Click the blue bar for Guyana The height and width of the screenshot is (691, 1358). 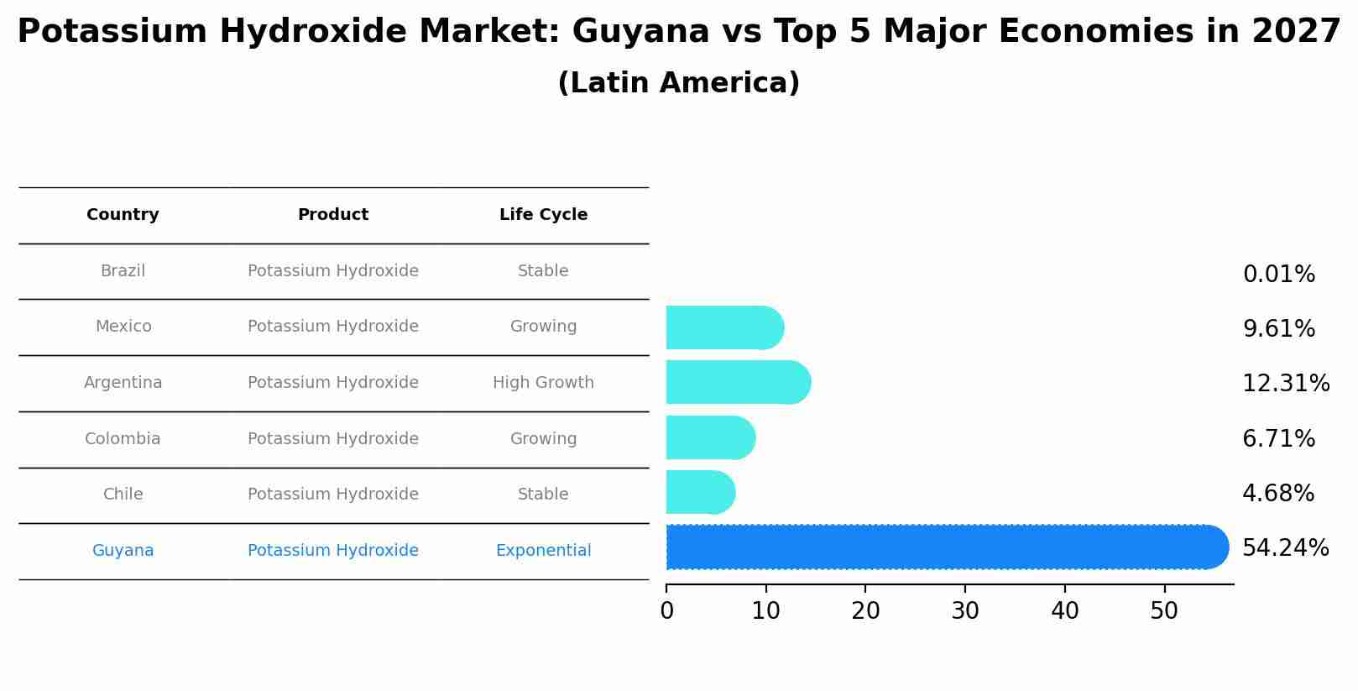point(947,547)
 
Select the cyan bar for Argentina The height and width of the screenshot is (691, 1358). point(738,383)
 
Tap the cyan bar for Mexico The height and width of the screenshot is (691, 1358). point(724,327)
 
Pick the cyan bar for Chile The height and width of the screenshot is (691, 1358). point(700,493)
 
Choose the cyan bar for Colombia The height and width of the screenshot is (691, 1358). point(710,437)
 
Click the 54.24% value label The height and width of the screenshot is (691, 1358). point(1285,548)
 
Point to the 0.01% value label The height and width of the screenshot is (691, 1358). point(1278,275)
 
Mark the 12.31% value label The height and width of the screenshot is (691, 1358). point(1285,384)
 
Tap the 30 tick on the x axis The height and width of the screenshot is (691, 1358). point(965,611)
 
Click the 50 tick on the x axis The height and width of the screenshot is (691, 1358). point(1164,611)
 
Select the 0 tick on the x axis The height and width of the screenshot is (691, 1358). point(666,611)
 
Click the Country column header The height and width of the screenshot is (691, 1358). point(123,215)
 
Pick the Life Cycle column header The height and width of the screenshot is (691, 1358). point(543,215)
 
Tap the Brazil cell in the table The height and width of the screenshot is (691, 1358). point(123,271)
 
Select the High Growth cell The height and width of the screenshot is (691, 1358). point(543,383)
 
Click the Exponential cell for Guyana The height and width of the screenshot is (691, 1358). point(543,551)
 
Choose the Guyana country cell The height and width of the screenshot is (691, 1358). point(123,551)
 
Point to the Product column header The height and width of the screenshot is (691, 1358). point(333,215)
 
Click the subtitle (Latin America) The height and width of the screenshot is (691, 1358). point(678,83)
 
